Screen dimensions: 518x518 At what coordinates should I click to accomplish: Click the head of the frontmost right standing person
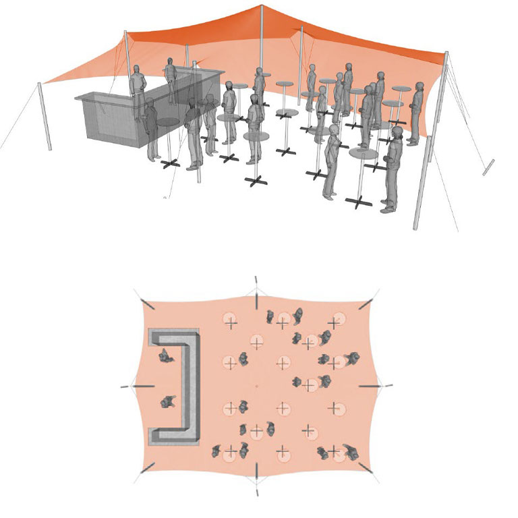tap(397, 132)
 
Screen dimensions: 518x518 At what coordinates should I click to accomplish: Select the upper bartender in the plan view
tap(164, 355)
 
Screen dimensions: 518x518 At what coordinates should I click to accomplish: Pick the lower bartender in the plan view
tap(167, 403)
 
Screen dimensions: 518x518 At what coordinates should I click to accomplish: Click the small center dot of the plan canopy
tap(256, 386)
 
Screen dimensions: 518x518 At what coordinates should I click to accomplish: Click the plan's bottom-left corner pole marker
tap(148, 469)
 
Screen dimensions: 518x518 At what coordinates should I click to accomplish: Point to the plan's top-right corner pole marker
tap(364, 304)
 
